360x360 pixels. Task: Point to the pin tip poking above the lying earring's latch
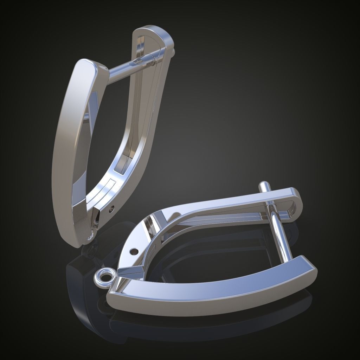[x=263, y=186]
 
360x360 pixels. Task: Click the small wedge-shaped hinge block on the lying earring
[x=129, y=271]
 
